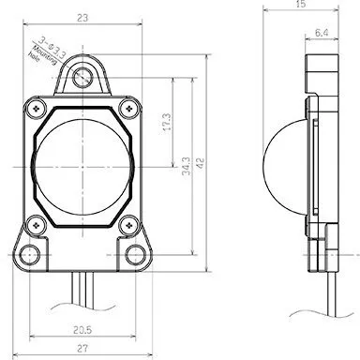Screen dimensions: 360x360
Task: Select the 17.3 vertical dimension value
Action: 166,122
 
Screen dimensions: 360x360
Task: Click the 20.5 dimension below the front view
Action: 82,328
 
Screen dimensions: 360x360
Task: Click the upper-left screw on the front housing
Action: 36,108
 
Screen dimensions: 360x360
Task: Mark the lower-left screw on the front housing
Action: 36,223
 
